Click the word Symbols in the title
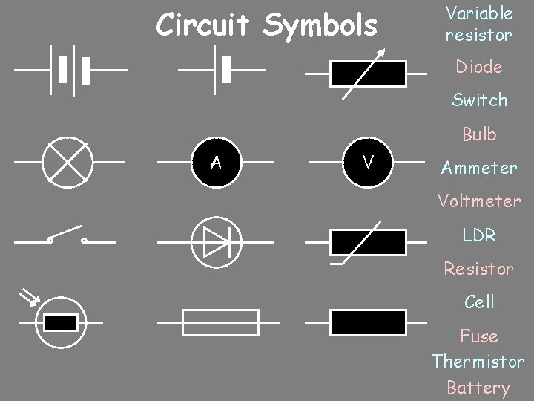320,26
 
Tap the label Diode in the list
479,67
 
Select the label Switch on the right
480,100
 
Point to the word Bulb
479,134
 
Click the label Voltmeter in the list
479,201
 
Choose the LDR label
479,235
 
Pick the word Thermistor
478,362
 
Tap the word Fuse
479,336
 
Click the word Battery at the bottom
478,388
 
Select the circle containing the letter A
216,161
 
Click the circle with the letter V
367,161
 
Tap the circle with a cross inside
66,161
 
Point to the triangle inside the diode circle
216,243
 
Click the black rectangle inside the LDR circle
61,322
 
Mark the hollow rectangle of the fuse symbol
220,322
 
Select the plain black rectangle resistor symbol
368,322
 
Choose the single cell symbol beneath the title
222,71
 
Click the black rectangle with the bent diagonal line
368,243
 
